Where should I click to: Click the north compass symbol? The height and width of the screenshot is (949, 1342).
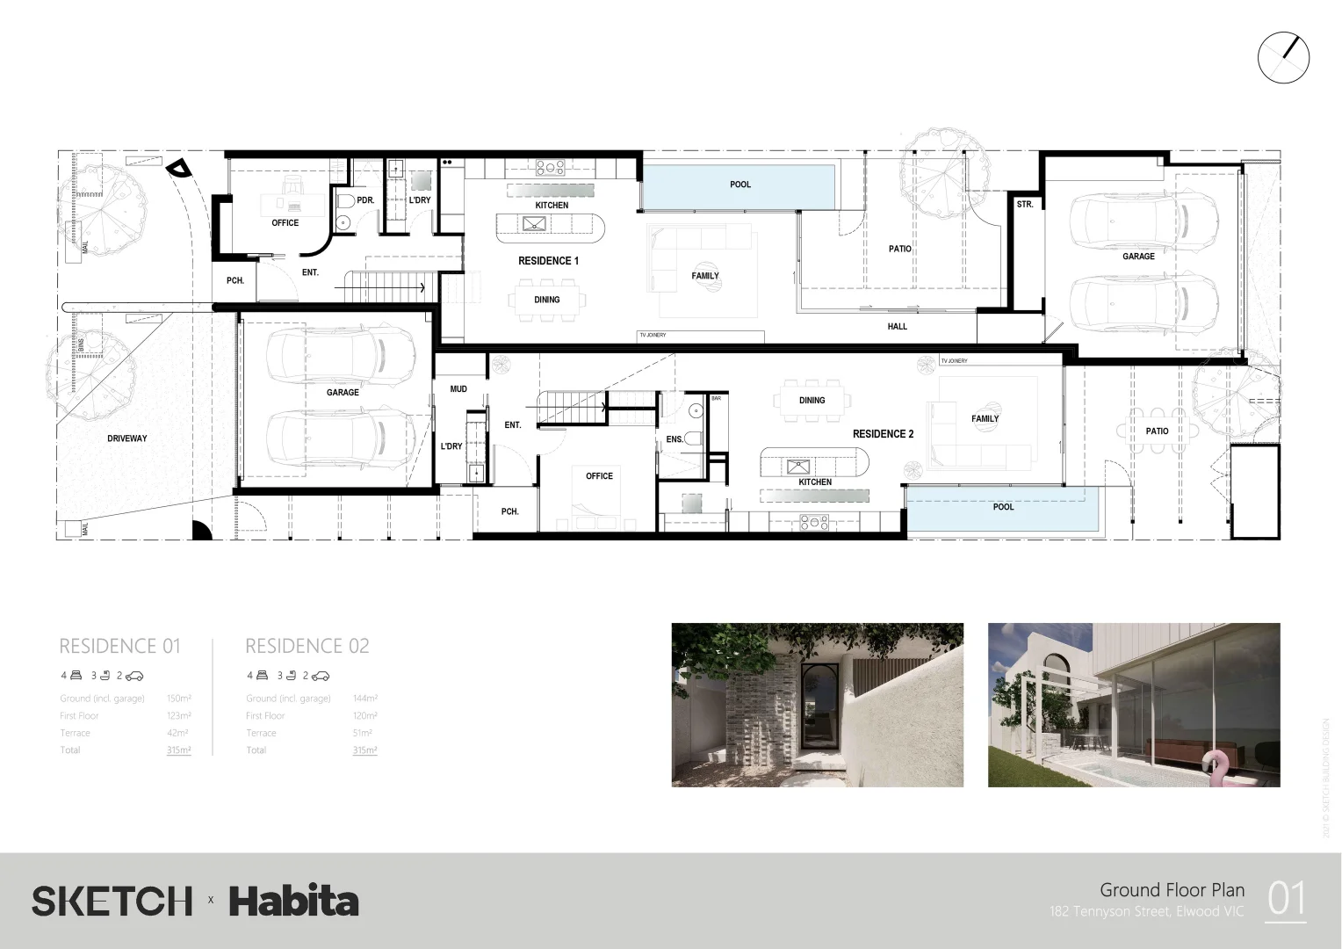tap(1283, 59)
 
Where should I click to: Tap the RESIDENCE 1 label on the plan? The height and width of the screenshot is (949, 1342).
tap(548, 261)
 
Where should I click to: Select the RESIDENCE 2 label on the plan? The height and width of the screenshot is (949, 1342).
tap(883, 434)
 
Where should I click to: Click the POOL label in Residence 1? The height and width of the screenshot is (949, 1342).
tap(740, 185)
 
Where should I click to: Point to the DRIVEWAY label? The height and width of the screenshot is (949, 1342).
tap(127, 438)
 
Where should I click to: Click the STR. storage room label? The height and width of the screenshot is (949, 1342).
tap(1024, 205)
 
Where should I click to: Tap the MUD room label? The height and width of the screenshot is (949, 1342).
tap(458, 389)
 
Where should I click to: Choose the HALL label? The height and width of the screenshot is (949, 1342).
tap(897, 327)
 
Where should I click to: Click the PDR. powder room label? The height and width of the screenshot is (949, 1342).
tap(365, 200)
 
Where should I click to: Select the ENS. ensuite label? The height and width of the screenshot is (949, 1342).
tap(675, 439)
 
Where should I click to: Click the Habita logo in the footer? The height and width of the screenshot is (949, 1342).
tap(294, 902)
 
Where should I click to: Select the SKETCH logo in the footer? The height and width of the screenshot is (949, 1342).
tap(112, 902)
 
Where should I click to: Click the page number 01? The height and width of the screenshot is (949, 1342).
tap(1286, 900)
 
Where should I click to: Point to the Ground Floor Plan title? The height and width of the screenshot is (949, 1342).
tap(1172, 890)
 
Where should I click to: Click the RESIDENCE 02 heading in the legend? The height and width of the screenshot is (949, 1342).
tap(307, 647)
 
